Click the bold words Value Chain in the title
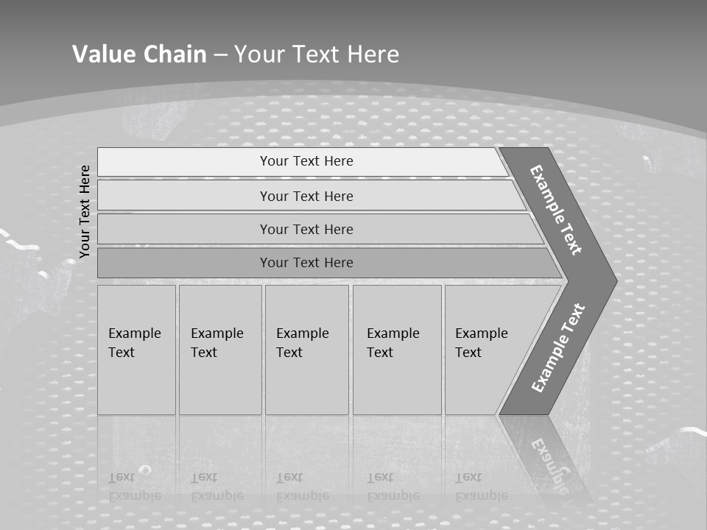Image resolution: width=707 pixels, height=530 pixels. point(139,54)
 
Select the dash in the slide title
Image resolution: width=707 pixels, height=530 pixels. point(220,55)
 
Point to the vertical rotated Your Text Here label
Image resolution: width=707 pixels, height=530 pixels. point(85,211)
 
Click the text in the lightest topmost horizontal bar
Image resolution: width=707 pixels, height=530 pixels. point(306,161)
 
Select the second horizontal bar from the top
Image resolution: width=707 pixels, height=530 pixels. point(306,196)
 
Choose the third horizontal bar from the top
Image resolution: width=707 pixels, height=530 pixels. point(306,229)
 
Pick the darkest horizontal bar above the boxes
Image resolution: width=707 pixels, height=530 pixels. point(306,263)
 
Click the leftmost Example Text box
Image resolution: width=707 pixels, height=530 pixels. point(136,350)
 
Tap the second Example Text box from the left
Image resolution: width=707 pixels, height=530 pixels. point(220,350)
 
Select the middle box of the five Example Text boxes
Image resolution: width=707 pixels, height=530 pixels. point(306,350)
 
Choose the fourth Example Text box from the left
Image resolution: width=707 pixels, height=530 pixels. point(397,350)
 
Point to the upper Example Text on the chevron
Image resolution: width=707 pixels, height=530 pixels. point(556,210)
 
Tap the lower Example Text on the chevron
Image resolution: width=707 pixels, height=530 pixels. point(558,348)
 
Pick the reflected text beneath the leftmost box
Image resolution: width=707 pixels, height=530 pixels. point(134,486)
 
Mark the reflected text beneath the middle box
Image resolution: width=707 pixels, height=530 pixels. point(302,486)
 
